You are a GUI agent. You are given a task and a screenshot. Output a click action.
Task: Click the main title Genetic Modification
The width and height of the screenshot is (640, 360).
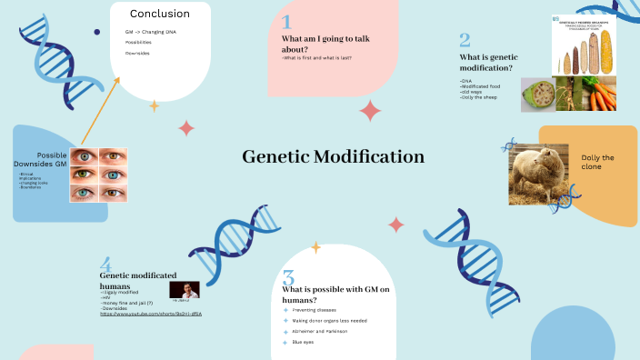pyautogui.click(x=333, y=157)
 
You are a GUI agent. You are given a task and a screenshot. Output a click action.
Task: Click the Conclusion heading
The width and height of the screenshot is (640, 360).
pyautogui.click(x=160, y=14)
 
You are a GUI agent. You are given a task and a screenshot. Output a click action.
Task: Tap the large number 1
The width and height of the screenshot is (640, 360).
pyautogui.click(x=286, y=23)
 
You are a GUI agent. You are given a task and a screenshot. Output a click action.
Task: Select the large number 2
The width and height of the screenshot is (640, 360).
pyautogui.click(x=465, y=40)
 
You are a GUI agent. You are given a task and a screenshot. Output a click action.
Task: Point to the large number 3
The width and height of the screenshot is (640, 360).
pyautogui.click(x=288, y=278)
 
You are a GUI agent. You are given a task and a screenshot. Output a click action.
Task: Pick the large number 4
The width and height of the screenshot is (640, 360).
pyautogui.click(x=105, y=264)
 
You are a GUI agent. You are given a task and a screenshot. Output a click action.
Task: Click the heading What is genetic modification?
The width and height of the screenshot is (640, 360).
pyautogui.click(x=485, y=62)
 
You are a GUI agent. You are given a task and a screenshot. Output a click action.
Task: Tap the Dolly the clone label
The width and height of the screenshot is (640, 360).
pyautogui.click(x=597, y=162)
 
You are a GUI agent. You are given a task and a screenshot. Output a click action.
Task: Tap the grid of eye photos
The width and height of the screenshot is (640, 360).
pyautogui.click(x=98, y=175)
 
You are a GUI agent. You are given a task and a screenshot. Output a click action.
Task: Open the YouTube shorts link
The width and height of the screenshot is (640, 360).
pyautogui.click(x=150, y=313)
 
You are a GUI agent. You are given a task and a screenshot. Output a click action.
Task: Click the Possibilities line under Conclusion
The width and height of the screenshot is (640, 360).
pyautogui.click(x=138, y=43)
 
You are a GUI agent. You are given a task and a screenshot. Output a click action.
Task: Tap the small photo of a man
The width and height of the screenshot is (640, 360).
pyautogui.click(x=185, y=290)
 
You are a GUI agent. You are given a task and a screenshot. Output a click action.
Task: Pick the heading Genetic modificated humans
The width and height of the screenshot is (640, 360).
pyautogui.click(x=136, y=280)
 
